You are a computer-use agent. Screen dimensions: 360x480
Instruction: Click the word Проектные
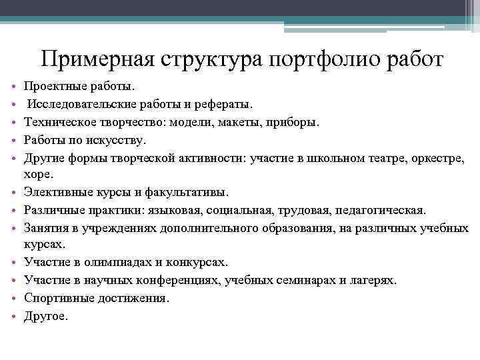tap(55, 87)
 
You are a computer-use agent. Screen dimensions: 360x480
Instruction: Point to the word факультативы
tap(189, 193)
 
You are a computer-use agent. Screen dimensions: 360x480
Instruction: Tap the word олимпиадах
tap(111, 263)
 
